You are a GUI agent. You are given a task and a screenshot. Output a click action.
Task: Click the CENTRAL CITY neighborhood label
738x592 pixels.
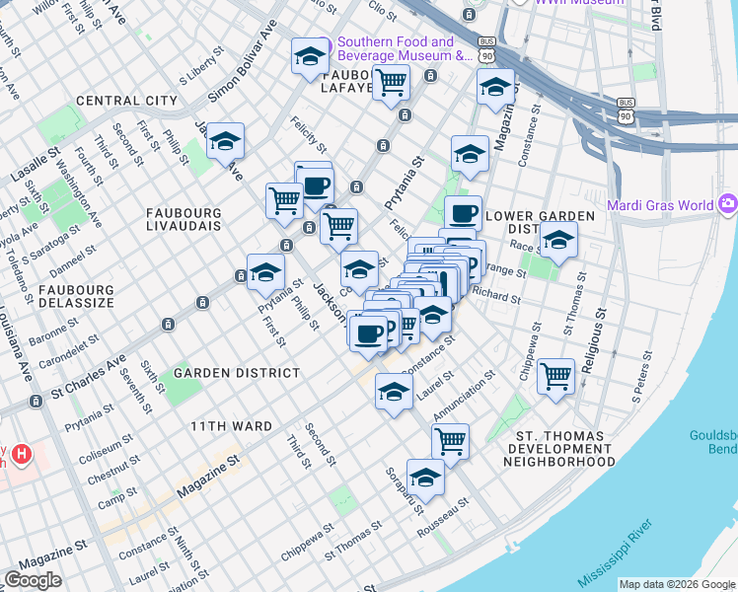pos(126,101)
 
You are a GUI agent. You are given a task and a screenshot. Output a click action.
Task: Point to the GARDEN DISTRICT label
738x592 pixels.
pos(237,373)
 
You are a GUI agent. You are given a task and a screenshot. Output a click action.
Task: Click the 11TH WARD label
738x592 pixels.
pos(231,426)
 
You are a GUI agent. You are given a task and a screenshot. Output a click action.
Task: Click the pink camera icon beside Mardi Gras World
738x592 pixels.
pos(728,204)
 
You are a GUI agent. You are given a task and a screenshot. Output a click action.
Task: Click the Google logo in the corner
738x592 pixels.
pos(33,580)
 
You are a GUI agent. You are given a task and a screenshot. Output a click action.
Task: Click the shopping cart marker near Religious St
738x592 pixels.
pos(556,375)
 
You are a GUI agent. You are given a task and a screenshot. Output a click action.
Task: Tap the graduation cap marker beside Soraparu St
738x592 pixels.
pos(425,477)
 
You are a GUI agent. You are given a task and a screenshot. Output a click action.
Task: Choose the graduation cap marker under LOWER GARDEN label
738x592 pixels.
pos(558,240)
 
